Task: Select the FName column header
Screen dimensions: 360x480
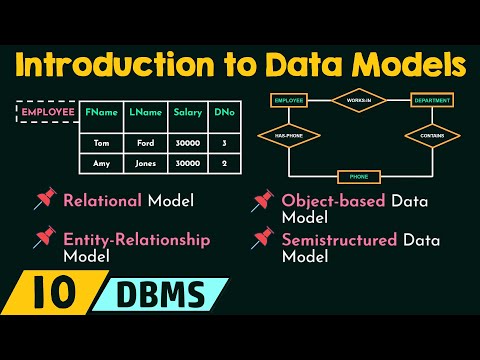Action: tap(101, 113)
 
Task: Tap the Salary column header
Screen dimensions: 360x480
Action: tap(187, 113)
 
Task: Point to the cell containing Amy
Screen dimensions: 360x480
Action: tap(101, 161)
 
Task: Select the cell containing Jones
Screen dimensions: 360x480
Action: tap(143, 161)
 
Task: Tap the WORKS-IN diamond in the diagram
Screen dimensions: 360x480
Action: tap(358, 101)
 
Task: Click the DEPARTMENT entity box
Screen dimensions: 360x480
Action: tap(432, 101)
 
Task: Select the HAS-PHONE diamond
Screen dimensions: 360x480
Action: tap(289, 134)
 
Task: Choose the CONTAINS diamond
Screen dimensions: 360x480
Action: tap(432, 134)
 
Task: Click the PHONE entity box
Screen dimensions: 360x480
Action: tap(358, 176)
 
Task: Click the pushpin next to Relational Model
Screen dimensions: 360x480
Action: tap(44, 201)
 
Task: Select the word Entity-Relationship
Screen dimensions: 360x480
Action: tap(123, 240)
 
